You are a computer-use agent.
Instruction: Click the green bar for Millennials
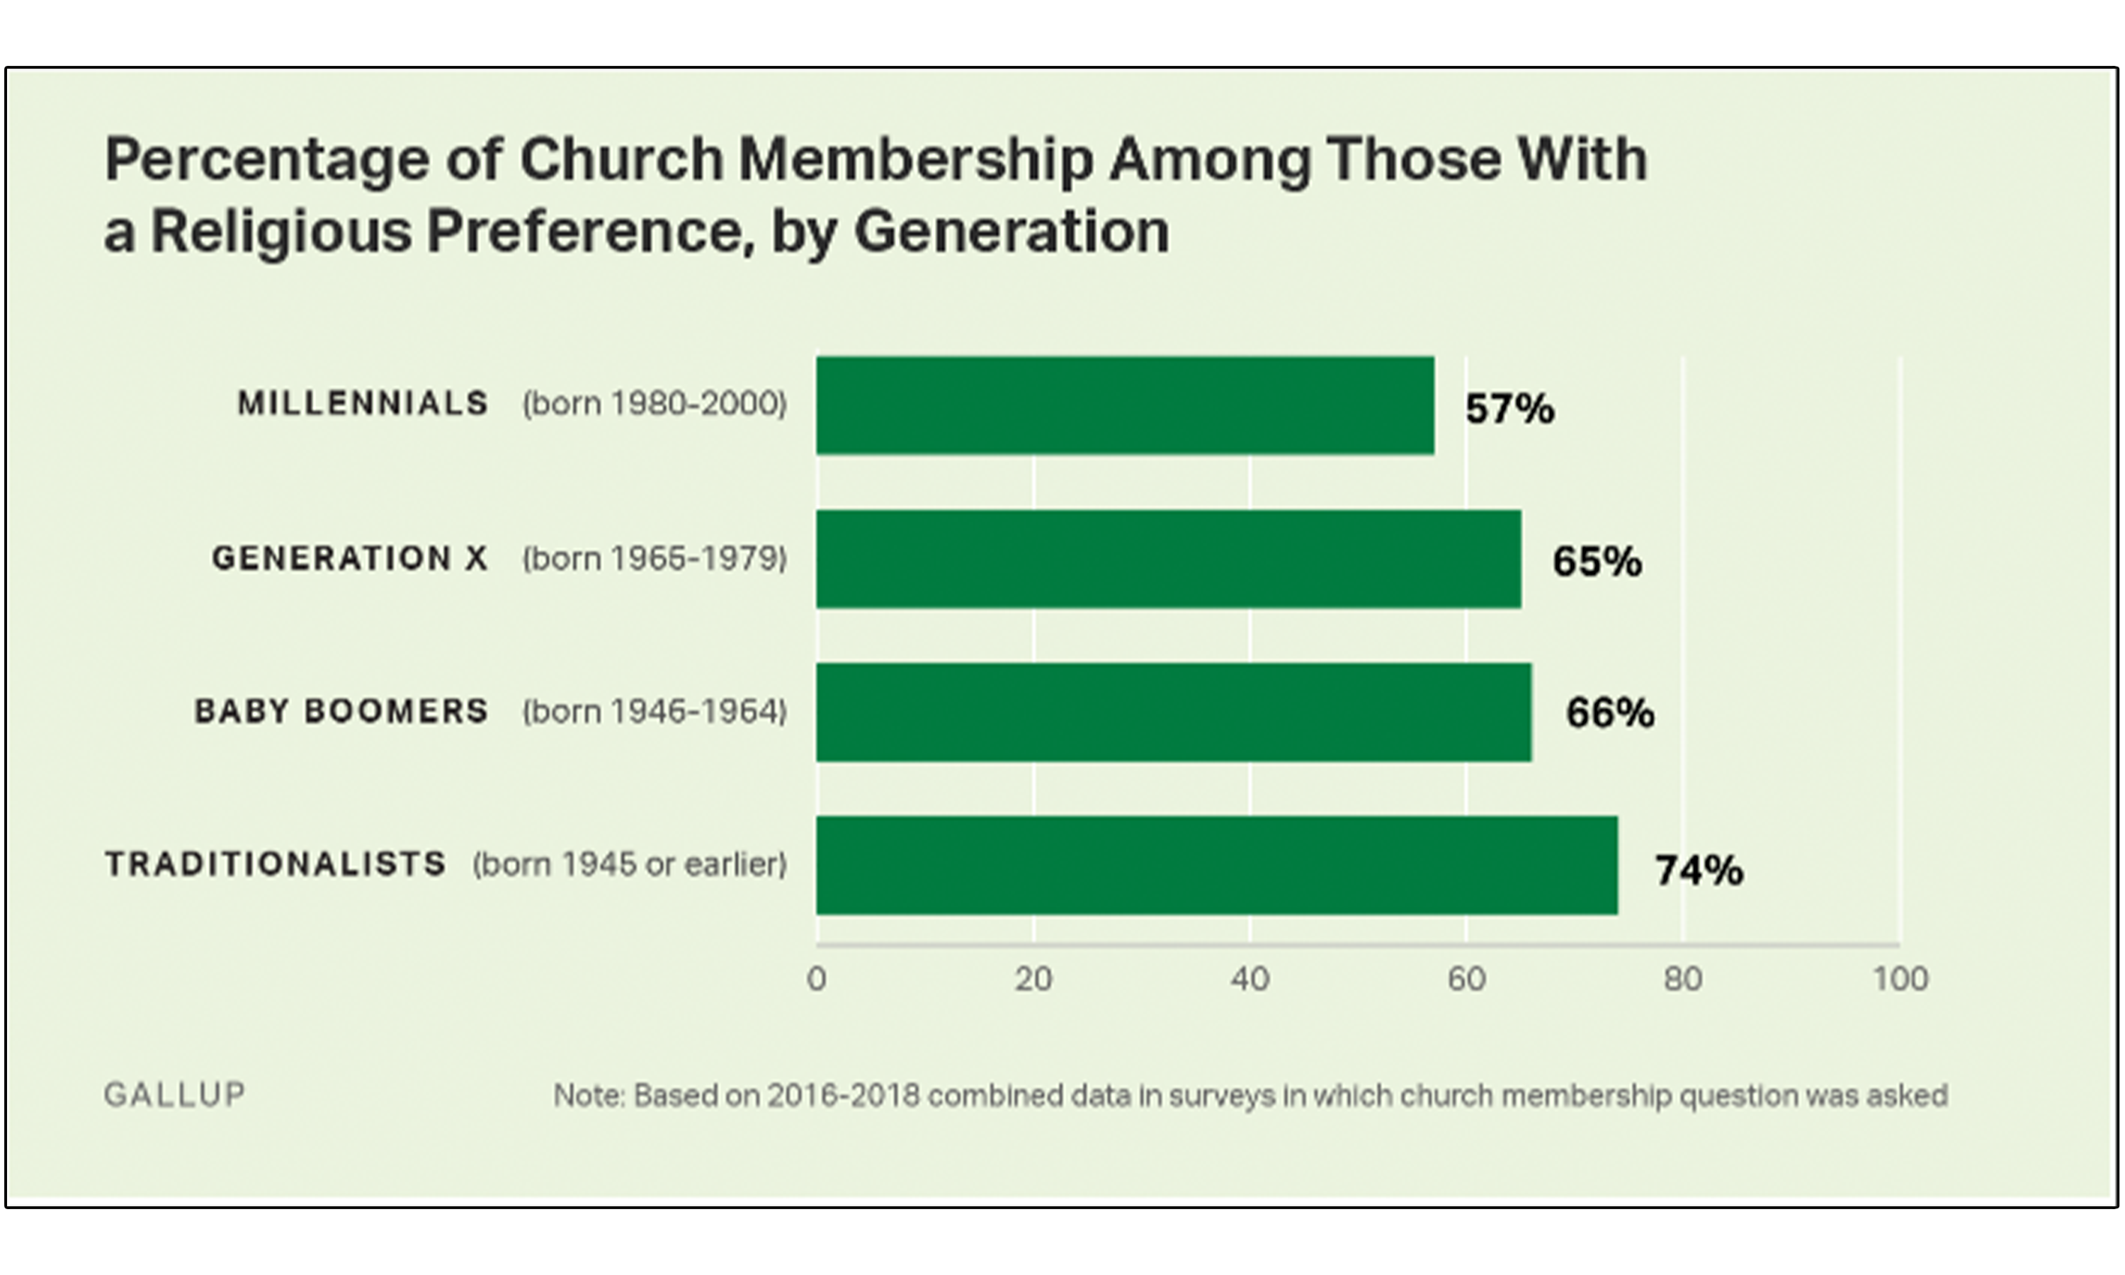pyautogui.click(x=1124, y=406)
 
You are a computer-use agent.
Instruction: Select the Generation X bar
pyautogui.click(x=1168, y=560)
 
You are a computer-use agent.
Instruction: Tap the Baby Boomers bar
pyautogui.click(x=1173, y=713)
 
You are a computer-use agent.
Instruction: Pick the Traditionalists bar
pyautogui.click(x=1216, y=865)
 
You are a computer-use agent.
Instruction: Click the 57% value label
pyautogui.click(x=1509, y=409)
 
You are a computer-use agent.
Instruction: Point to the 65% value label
pyautogui.click(x=1597, y=562)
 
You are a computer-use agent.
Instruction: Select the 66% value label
pyautogui.click(x=1609, y=714)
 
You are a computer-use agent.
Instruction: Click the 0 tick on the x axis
pyautogui.click(x=816, y=979)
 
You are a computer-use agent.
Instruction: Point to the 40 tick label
pyautogui.click(x=1249, y=979)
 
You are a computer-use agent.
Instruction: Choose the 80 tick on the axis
pyautogui.click(x=1683, y=979)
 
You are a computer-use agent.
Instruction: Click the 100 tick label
pyautogui.click(x=1900, y=979)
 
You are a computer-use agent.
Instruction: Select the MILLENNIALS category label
pyautogui.click(x=363, y=404)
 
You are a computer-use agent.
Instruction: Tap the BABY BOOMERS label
pyautogui.click(x=341, y=711)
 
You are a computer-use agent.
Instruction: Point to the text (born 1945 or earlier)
pyautogui.click(x=630, y=864)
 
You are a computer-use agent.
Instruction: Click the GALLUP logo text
pyautogui.click(x=174, y=1094)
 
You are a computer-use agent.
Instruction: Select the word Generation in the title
pyautogui.click(x=1011, y=232)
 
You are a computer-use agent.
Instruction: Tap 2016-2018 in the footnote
pyautogui.click(x=843, y=1095)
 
